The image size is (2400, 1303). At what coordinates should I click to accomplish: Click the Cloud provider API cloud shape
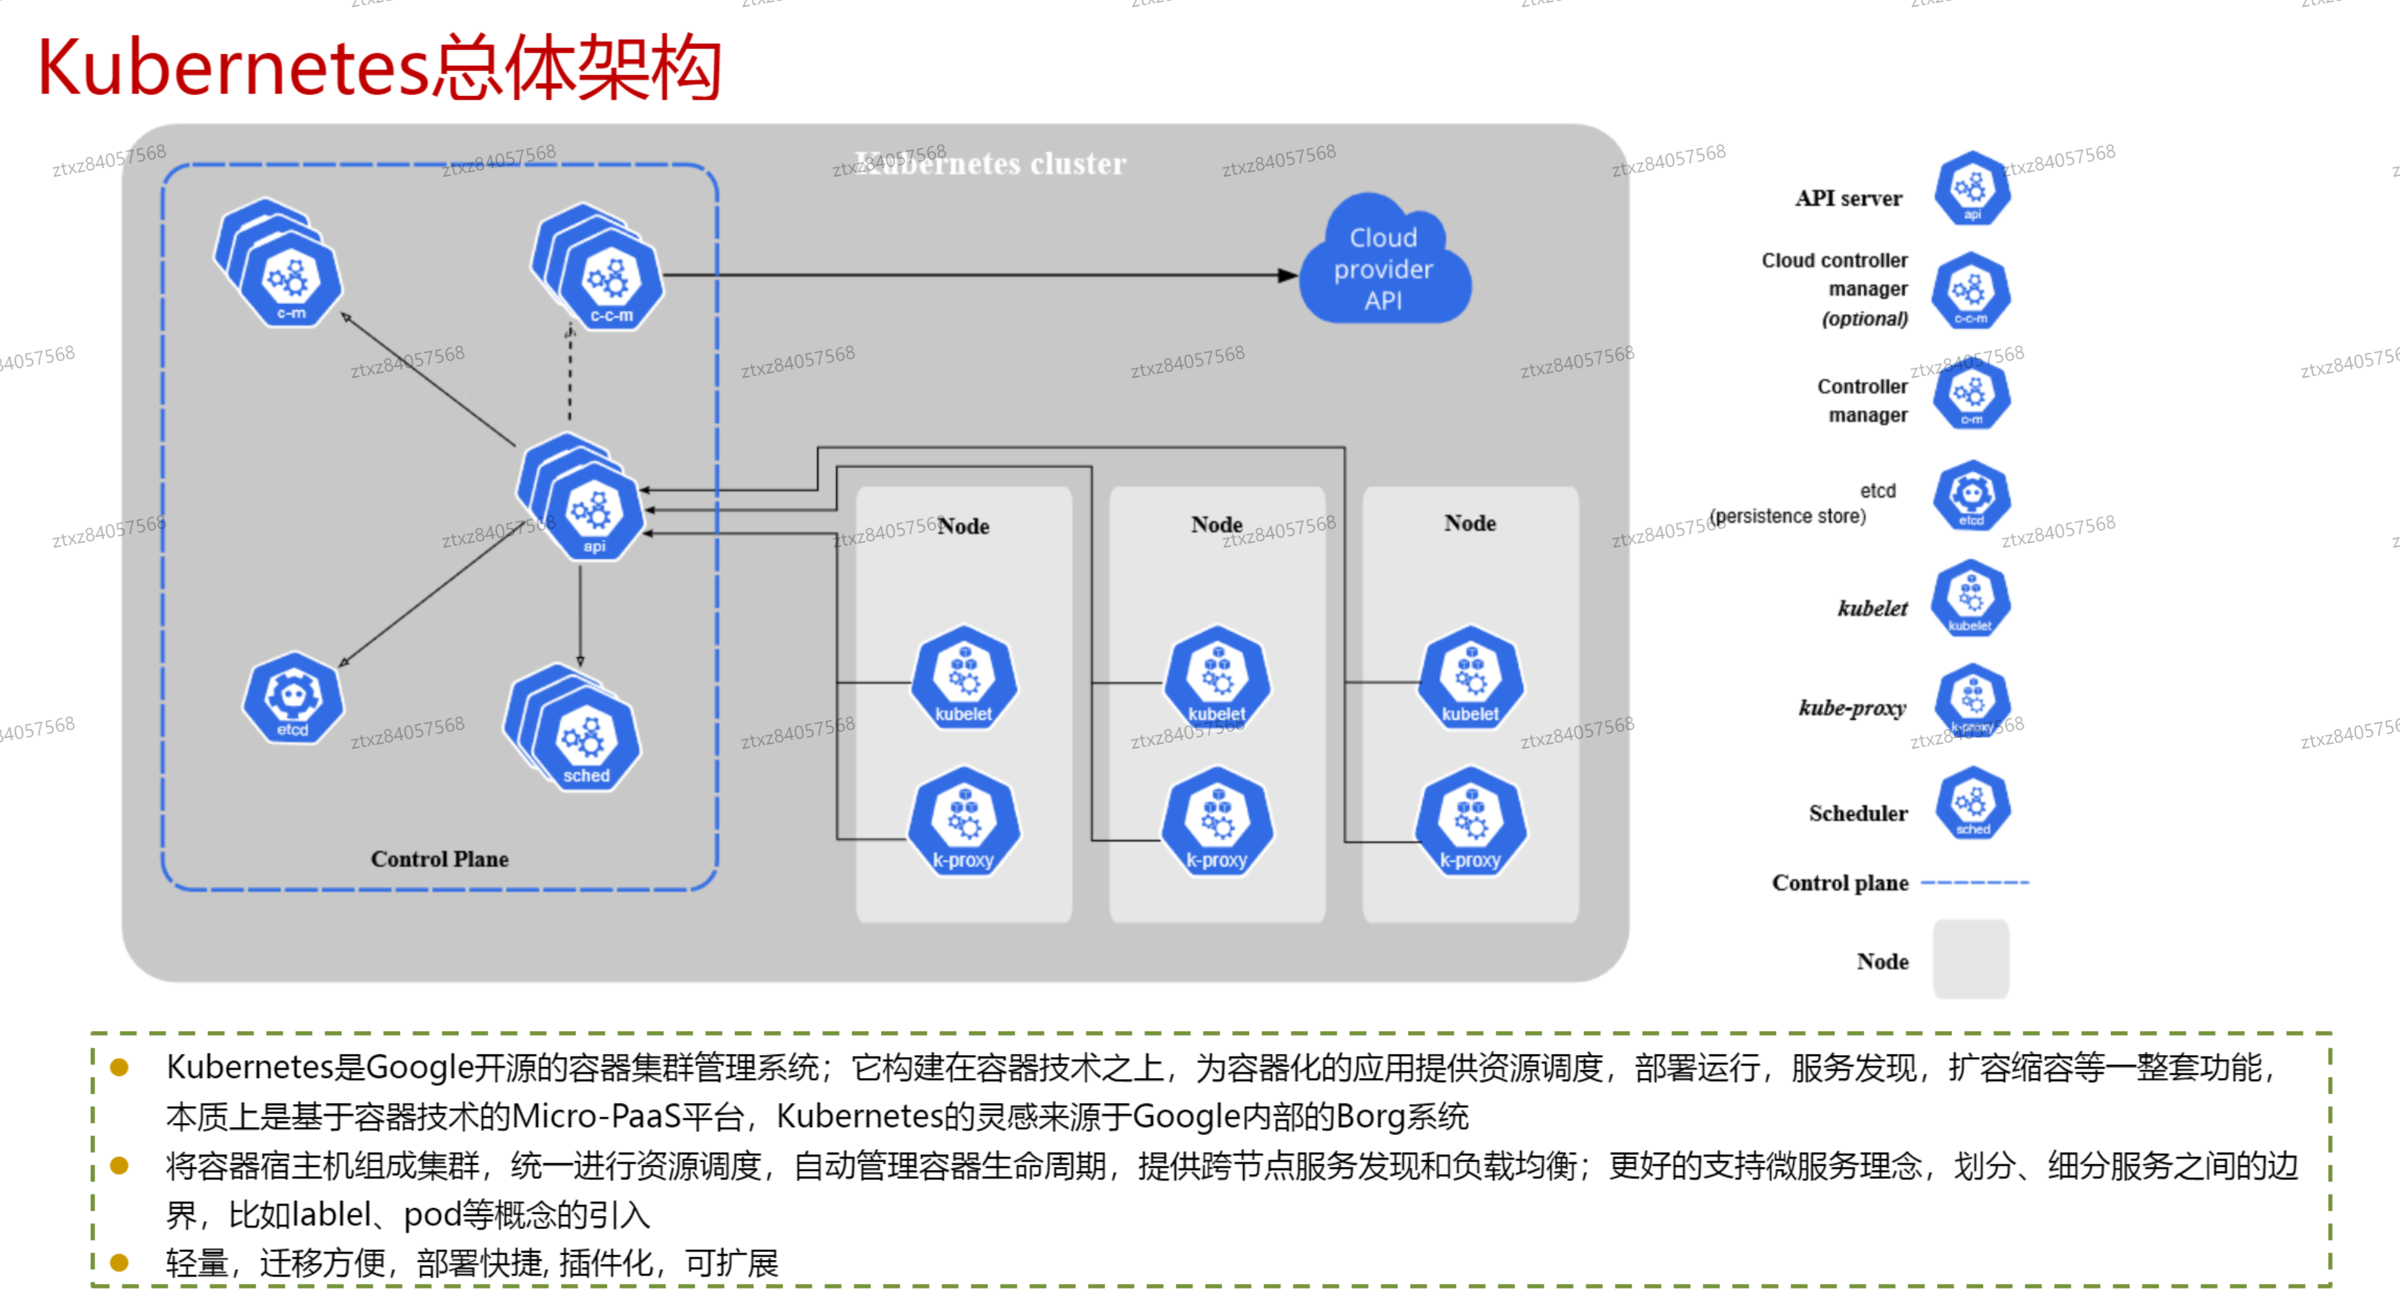1384,266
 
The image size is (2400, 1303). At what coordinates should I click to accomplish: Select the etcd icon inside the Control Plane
292,698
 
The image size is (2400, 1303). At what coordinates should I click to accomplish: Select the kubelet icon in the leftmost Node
963,678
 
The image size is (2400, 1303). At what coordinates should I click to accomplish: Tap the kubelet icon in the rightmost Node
1470,678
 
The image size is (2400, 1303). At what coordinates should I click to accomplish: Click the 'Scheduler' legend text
1858,814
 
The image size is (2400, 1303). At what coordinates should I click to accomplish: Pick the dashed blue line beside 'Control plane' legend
1974,882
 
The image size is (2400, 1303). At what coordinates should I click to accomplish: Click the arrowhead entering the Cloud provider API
1288,275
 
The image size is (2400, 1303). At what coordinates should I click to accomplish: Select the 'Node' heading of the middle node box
1216,525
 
